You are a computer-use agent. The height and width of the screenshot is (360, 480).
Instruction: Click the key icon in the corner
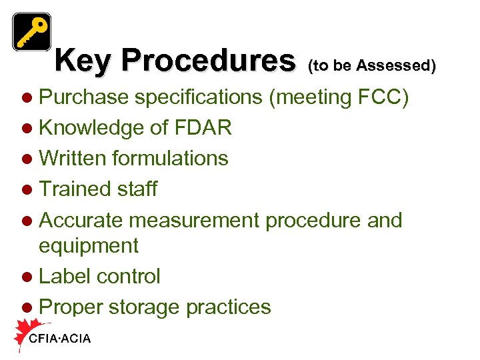coord(31,31)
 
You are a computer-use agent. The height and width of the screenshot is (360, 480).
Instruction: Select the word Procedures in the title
coord(207,61)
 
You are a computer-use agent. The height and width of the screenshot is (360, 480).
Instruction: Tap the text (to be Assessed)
coord(372,65)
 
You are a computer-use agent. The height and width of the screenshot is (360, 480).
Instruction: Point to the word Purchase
coord(84,97)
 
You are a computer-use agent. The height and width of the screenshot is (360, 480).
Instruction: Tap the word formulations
coord(171,159)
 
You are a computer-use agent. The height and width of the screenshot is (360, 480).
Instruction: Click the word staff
coord(137,189)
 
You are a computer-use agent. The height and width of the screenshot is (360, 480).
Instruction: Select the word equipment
coord(89,247)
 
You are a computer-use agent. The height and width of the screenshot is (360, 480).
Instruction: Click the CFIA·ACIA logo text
coord(60,339)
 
